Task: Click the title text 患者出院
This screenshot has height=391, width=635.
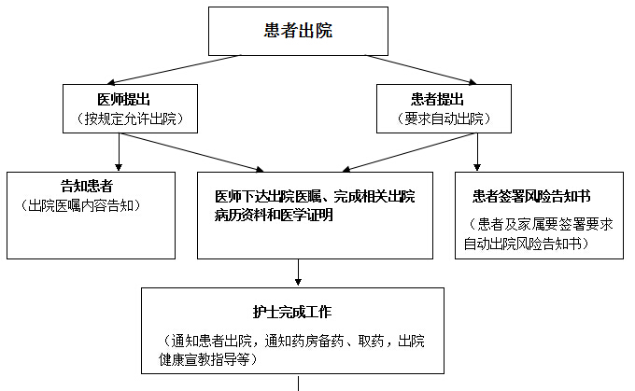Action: pos(298,31)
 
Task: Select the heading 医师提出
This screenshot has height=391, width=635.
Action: pos(124,100)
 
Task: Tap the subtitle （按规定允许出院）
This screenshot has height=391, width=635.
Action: pos(130,119)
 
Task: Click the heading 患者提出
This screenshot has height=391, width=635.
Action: pos(437,100)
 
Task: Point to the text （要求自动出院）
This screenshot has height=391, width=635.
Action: pos(444,119)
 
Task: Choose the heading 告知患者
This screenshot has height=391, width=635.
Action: pos(87,187)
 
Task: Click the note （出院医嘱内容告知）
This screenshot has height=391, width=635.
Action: pos(80,205)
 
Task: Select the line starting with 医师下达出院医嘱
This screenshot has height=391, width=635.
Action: pos(315,196)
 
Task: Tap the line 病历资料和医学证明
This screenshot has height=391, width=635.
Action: pos(274,215)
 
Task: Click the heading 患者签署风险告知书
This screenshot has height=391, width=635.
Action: pos(531,196)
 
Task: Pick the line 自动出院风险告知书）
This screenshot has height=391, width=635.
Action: pos(527,244)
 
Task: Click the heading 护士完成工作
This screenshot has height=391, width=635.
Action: pos(292,312)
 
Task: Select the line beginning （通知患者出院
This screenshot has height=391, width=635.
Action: pos(293,341)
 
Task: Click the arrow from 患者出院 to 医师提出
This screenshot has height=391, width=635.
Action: pos(174,70)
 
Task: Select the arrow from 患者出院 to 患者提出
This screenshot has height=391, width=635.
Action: pos(421,70)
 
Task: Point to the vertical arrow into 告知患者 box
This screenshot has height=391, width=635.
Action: pos(119,152)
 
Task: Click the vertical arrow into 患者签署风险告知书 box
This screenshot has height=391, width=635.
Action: pos(477,152)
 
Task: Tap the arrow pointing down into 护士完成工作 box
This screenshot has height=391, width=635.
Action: pos(298,272)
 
